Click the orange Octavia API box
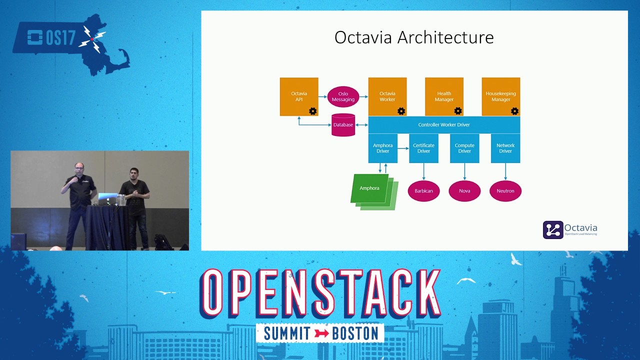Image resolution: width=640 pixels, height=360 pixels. point(299,96)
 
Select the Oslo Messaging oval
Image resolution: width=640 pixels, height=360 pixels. point(343,96)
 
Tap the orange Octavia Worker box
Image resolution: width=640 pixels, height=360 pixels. point(387,96)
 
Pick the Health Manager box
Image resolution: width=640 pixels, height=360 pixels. point(444,96)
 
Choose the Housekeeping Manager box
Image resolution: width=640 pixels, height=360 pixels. point(500,96)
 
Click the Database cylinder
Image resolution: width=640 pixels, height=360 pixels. point(343,125)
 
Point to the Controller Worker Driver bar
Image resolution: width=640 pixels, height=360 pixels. point(444,124)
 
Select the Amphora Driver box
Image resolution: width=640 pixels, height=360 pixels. point(383,148)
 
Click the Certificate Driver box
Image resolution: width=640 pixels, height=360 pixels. point(423,148)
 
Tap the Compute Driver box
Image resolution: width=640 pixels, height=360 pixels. point(464,148)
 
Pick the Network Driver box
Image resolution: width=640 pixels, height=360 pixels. point(505,148)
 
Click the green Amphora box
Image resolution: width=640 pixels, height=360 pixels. point(370,188)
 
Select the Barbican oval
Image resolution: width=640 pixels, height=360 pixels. point(423,191)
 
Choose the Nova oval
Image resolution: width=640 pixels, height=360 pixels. point(464,191)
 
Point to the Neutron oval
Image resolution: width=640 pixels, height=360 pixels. point(505,191)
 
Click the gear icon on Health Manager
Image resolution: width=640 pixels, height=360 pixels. point(458,111)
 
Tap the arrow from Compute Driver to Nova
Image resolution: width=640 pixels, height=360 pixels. point(464,171)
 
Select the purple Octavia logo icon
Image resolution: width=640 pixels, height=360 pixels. point(553,230)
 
